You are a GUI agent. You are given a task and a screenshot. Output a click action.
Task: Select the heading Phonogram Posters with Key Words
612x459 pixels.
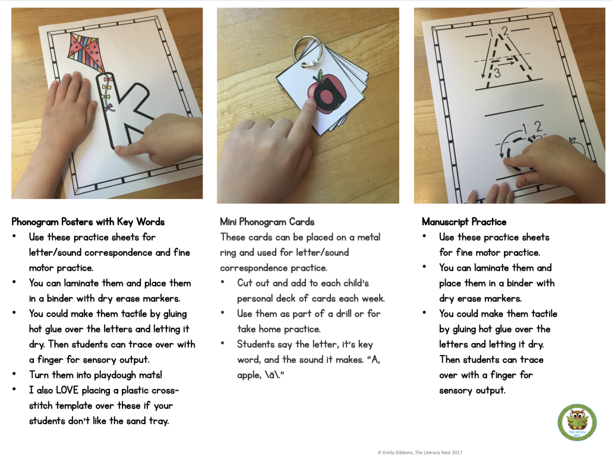[88, 221]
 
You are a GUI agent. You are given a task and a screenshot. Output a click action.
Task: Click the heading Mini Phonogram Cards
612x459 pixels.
[267, 221]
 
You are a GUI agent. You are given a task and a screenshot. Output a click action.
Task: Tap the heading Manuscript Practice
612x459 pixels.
[464, 221]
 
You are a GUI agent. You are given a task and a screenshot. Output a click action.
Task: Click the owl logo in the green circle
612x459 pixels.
[576, 422]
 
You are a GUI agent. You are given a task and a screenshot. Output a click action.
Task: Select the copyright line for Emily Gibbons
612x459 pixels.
[419, 452]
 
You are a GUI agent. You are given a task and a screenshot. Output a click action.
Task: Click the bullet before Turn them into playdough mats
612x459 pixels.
[15, 375]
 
